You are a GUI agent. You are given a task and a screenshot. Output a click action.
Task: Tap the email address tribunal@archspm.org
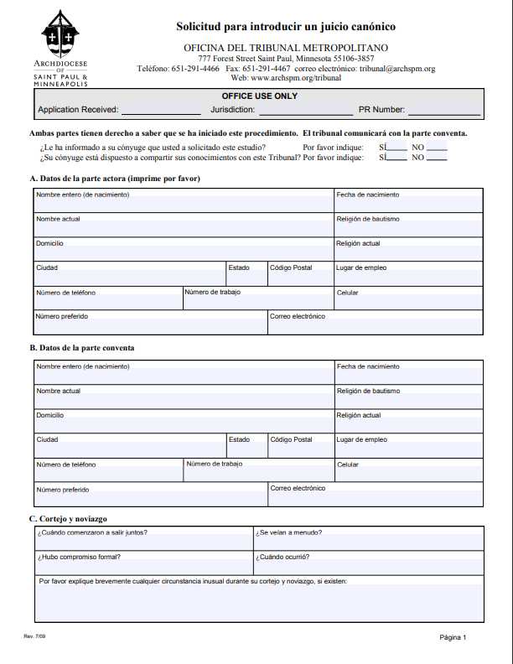(397, 69)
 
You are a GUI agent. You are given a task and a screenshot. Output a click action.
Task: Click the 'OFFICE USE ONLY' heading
(259, 96)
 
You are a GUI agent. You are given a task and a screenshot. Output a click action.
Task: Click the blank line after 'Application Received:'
(161, 111)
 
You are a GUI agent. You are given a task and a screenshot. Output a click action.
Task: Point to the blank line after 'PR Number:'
(443, 111)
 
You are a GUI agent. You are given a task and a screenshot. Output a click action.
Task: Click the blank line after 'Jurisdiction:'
(305, 111)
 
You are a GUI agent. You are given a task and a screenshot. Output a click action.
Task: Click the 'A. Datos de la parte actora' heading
(115, 179)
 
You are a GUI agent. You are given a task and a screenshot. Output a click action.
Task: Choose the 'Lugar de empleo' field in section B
(408, 447)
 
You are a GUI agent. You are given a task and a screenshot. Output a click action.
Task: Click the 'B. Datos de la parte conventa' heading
(82, 348)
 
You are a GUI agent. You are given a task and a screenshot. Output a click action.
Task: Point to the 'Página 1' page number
(453, 637)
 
